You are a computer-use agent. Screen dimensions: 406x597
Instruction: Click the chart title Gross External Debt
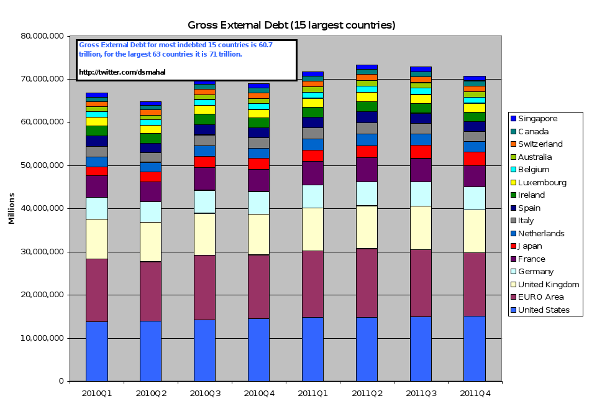pyautogui.click(x=291, y=25)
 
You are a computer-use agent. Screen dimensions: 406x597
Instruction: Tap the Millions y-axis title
pyautogui.click(x=11, y=208)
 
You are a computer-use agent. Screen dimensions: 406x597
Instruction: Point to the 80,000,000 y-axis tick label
pyautogui.click(x=42, y=36)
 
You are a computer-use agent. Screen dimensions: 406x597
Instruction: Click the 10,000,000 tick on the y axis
pyautogui.click(x=42, y=338)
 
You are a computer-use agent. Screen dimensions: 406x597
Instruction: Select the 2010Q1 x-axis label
pyautogui.click(x=97, y=393)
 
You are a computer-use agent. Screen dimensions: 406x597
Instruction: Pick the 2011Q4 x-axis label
pyautogui.click(x=475, y=393)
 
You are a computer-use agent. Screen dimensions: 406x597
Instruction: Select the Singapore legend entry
pyautogui.click(x=538, y=119)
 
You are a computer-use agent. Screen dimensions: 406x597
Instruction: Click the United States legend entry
pyautogui.click(x=544, y=310)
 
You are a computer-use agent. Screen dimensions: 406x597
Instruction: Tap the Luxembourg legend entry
pyautogui.click(x=542, y=183)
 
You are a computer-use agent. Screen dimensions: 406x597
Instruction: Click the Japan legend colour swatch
pyautogui.click(x=513, y=246)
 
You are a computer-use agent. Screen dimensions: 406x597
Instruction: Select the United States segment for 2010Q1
pyautogui.click(x=97, y=351)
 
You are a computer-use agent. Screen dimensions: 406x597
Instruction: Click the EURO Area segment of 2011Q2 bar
pyautogui.click(x=367, y=284)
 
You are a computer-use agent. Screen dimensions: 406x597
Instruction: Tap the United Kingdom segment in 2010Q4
pyautogui.click(x=258, y=234)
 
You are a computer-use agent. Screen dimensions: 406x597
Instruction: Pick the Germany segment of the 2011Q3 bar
pyautogui.click(x=421, y=193)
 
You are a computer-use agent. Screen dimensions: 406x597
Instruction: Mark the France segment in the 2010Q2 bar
pyautogui.click(x=150, y=191)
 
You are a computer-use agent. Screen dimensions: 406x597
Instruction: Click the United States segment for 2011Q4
pyautogui.click(x=475, y=348)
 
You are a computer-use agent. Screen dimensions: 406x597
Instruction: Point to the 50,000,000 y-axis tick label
pyautogui.click(x=42, y=165)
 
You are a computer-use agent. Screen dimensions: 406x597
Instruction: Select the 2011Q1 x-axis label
pyautogui.click(x=312, y=393)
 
